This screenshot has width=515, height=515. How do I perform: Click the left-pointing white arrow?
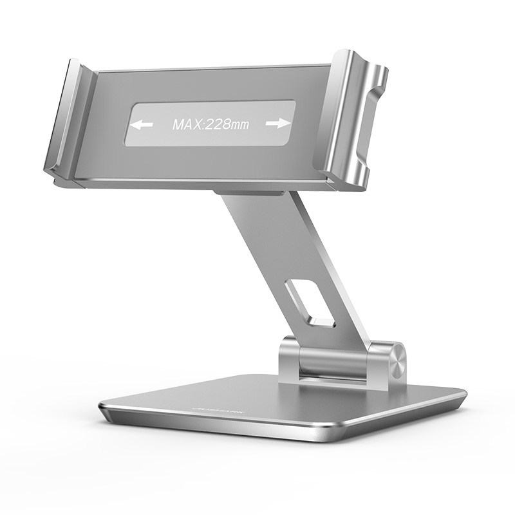pyautogui.click(x=144, y=125)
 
